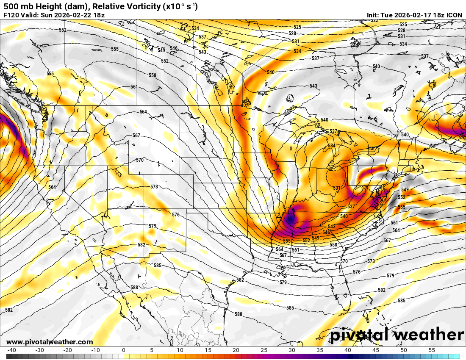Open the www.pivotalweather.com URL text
pyautogui.click(x=50, y=342)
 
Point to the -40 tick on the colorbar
pyautogui.click(x=11, y=350)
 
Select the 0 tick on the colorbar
pyautogui.click(x=123, y=350)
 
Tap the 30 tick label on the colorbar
pyautogui.click(x=291, y=350)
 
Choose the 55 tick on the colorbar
pyautogui.click(x=432, y=350)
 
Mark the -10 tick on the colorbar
pyautogui.click(x=95, y=350)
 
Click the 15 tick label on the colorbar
pyautogui.click(x=208, y=350)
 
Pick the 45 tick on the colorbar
pyautogui.click(x=376, y=350)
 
